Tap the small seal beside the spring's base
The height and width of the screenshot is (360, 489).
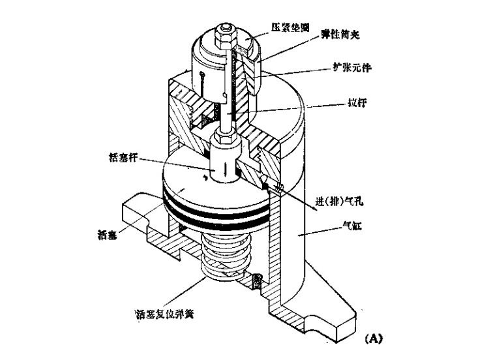coord(258,281)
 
